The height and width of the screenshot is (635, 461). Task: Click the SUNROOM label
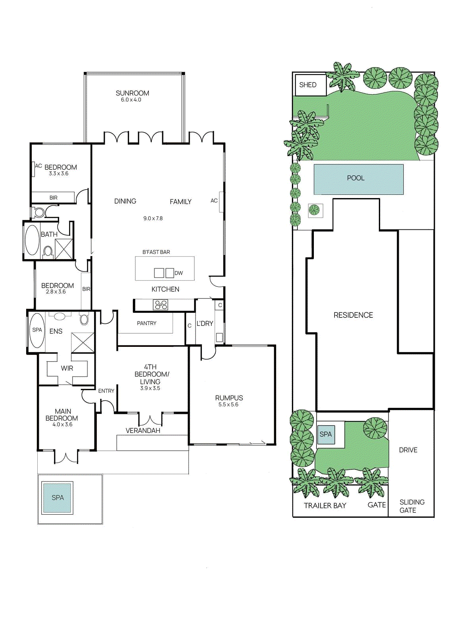pyautogui.click(x=133, y=93)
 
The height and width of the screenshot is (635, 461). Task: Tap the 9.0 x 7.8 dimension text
pyautogui.click(x=153, y=218)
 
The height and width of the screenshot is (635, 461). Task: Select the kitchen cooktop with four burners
pyautogui.click(x=161, y=305)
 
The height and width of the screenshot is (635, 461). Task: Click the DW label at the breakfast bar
pyautogui.click(x=179, y=273)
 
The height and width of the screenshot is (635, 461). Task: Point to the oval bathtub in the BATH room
pyautogui.click(x=32, y=240)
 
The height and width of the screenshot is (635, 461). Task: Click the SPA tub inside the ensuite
pyautogui.click(x=37, y=330)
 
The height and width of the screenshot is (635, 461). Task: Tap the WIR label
pyautogui.click(x=67, y=368)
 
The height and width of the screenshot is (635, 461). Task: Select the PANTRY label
pyautogui.click(x=146, y=323)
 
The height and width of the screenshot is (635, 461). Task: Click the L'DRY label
pyautogui.click(x=205, y=323)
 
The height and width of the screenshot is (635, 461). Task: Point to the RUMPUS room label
pyautogui.click(x=229, y=398)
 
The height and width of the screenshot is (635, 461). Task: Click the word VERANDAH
pyautogui.click(x=143, y=430)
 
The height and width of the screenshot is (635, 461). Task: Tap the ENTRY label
pyautogui.click(x=106, y=391)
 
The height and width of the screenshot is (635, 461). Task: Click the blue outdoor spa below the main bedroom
pyautogui.click(x=58, y=498)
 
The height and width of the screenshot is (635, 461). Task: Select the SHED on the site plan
pyautogui.click(x=311, y=85)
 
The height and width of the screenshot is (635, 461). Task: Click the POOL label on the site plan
pyautogui.click(x=356, y=178)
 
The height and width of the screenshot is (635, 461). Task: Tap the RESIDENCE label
pyautogui.click(x=353, y=315)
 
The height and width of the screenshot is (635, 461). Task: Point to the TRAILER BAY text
pyautogui.click(x=325, y=506)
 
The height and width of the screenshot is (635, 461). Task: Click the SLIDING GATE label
pyautogui.click(x=412, y=506)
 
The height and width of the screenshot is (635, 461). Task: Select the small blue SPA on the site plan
pyautogui.click(x=326, y=434)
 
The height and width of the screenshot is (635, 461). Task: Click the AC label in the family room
pyautogui.click(x=214, y=201)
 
